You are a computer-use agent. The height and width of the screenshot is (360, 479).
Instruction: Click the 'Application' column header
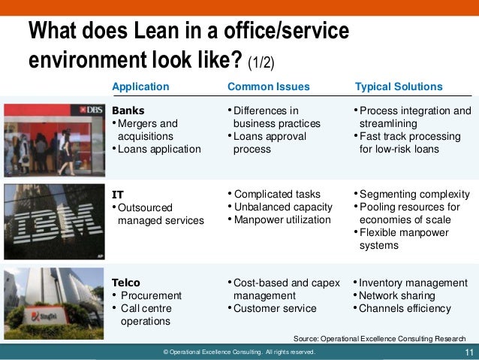[x=140, y=86]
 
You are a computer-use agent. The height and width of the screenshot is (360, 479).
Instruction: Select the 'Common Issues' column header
[x=264, y=86]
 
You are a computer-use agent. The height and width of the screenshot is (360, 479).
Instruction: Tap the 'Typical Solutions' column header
[x=399, y=86]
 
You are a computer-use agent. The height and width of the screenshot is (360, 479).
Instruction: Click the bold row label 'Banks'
[x=128, y=110]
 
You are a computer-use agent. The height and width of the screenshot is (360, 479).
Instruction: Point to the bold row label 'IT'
[x=117, y=194]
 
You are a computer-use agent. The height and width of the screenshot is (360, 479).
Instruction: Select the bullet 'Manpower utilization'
[x=282, y=219]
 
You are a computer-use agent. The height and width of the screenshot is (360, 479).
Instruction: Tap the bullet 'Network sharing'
[x=397, y=295]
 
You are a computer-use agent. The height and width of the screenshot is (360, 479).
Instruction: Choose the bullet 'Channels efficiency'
[x=405, y=308]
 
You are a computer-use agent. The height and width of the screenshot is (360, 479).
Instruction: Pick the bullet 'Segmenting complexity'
[x=414, y=194]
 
